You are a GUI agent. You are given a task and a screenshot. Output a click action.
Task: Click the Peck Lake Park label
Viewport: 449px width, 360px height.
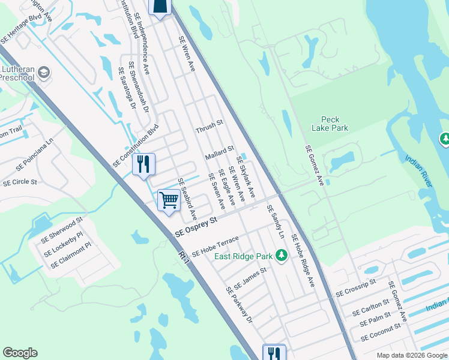pos(330,124)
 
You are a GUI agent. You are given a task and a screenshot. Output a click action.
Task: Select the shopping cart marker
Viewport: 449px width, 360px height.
pos(169,200)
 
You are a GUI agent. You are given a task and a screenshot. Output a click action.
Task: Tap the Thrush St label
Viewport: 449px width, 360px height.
pos(209,127)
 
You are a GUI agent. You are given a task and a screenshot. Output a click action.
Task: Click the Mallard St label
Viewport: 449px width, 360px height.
pos(218,152)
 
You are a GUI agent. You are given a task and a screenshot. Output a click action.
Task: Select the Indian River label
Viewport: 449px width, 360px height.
pos(418,171)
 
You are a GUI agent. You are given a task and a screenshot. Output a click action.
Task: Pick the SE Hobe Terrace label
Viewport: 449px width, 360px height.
pos(215,245)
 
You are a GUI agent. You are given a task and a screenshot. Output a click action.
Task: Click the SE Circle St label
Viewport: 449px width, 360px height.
pos(20,181)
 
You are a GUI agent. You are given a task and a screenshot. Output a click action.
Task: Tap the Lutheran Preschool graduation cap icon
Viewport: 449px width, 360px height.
pos(43,73)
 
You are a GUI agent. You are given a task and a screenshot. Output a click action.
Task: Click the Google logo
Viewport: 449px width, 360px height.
pos(20,353)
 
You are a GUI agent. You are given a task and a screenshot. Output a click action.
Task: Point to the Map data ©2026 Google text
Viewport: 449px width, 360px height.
pos(411,355)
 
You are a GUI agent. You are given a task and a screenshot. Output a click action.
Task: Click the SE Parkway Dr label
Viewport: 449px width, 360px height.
pos(240,305)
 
